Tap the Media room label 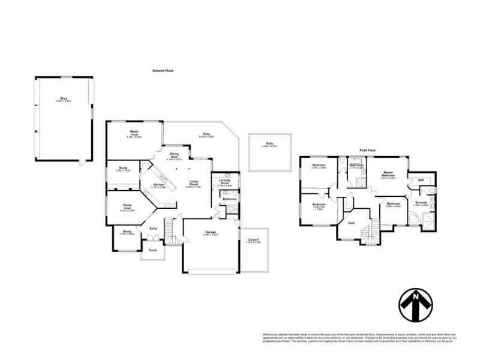coord(134,132)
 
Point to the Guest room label coord(127,206)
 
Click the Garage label coord(210,232)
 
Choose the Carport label coord(253,240)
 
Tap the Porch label coord(153,250)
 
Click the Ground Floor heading coord(163,70)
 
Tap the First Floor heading coord(367,149)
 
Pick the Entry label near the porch coord(154,228)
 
